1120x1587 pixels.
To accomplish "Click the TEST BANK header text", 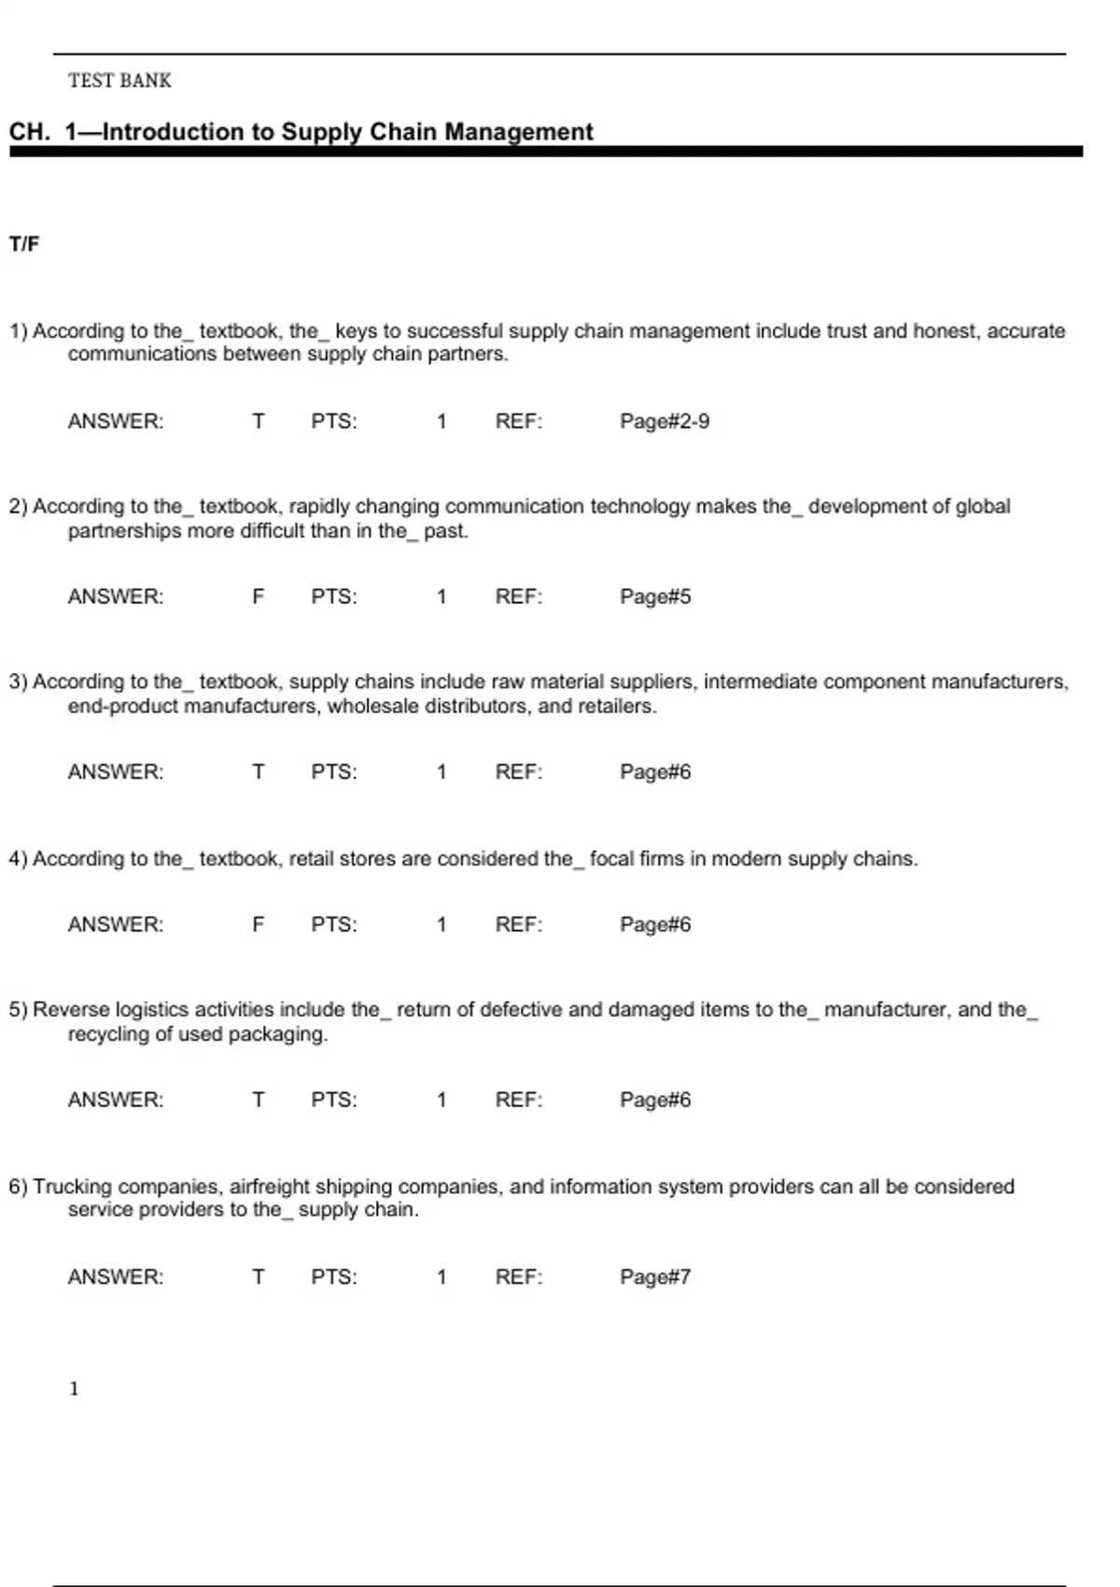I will (x=119, y=81).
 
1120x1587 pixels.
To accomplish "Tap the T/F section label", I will (x=24, y=245).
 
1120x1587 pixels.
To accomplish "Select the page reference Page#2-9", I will (x=665, y=422).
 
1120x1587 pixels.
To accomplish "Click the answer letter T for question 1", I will (x=259, y=422).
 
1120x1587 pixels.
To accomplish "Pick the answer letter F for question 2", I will (x=259, y=597).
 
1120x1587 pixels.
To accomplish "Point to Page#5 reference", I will (x=655, y=597).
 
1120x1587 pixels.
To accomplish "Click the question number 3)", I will (x=19, y=682).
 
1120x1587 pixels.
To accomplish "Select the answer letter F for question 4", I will (x=259, y=924).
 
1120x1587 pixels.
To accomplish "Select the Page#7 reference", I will (x=655, y=1277).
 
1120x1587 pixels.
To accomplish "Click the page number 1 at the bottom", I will (x=75, y=1389).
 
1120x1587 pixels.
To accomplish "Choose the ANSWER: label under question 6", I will (x=116, y=1277).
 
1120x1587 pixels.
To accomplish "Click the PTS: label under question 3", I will (x=334, y=772).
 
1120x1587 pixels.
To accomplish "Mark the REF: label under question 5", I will (x=519, y=1100).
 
